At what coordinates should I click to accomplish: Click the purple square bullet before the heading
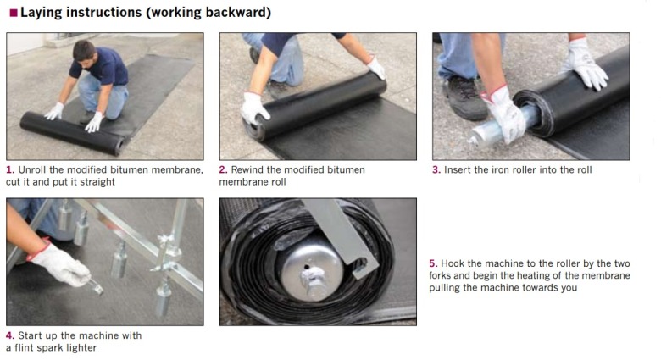[x=13, y=13]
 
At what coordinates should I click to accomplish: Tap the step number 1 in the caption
[x=10, y=170]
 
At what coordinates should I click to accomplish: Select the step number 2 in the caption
[x=223, y=170]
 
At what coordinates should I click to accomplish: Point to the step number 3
[x=436, y=170]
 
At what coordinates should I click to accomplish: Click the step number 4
[x=10, y=335]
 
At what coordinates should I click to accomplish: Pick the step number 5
[x=433, y=263]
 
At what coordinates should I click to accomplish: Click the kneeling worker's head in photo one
[x=84, y=52]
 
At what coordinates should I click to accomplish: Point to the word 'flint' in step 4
[x=24, y=348]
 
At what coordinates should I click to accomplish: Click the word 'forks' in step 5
[x=440, y=275]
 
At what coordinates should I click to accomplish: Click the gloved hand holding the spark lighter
[x=59, y=263]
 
